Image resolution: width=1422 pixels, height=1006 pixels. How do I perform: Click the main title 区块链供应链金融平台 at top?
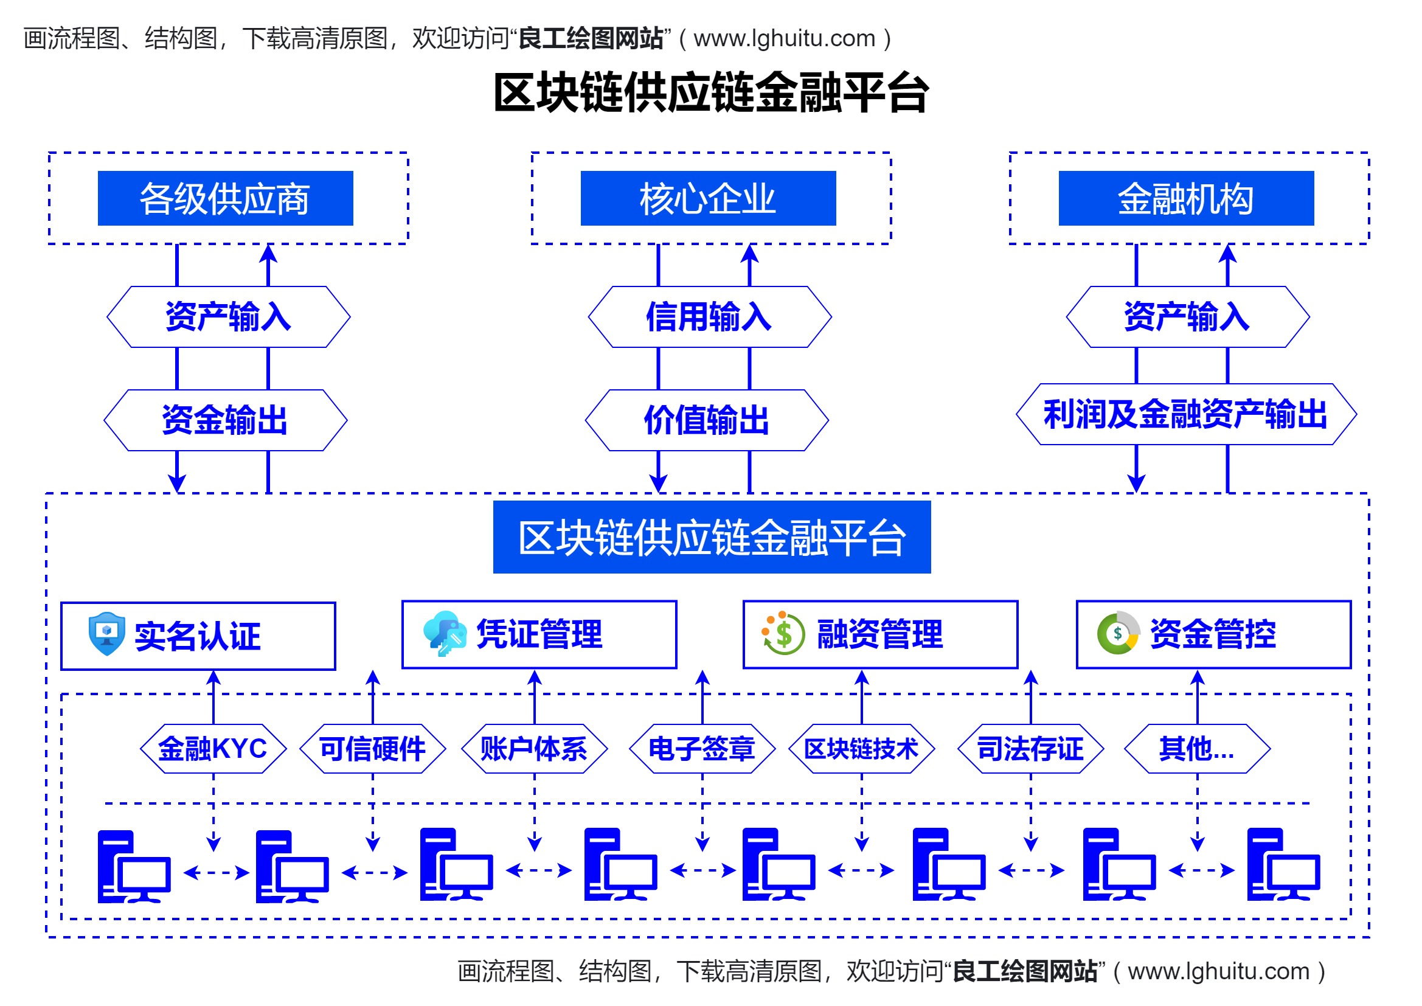[711, 93]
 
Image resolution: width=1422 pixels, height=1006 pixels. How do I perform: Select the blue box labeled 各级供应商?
[226, 198]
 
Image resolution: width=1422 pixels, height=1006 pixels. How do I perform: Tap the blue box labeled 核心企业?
[708, 198]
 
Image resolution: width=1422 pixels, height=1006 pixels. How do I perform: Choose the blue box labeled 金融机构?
[1186, 198]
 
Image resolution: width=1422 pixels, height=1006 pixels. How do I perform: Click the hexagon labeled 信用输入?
[710, 316]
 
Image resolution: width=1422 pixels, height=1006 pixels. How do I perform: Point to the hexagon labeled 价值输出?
[707, 420]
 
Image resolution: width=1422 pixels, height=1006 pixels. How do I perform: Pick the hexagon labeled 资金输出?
[226, 420]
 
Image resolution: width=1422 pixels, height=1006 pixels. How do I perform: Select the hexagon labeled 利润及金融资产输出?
[1186, 414]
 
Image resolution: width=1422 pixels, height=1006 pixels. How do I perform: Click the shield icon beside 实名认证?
[106, 634]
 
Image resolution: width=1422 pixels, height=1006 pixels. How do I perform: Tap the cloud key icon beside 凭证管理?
[445, 633]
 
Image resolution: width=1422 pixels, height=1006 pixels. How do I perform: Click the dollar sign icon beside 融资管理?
[783, 633]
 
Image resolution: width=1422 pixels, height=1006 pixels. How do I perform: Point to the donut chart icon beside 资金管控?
[1118, 633]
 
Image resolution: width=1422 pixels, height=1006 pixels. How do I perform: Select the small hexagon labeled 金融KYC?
[213, 748]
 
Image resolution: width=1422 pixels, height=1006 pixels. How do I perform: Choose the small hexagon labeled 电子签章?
[702, 748]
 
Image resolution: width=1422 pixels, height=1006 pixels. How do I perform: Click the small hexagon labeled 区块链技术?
[861, 748]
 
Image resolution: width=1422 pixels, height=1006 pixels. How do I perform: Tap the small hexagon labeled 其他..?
[1196, 748]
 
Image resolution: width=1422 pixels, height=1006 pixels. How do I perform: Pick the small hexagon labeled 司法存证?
[1030, 748]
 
